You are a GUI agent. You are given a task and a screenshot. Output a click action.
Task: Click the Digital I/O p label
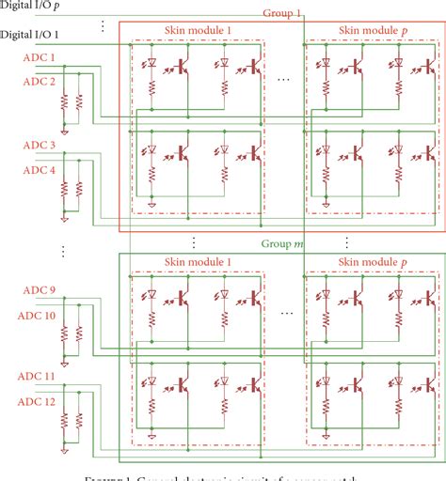[x=31, y=6]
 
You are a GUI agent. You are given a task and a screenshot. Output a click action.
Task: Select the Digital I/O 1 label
[x=30, y=35]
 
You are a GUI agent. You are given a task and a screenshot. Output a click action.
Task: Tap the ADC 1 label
[x=39, y=58]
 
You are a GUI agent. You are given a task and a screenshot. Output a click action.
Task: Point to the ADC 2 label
[x=39, y=82]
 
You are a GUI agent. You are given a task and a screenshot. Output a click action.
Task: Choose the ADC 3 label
[x=39, y=145]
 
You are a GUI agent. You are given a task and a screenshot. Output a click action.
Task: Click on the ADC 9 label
[x=39, y=289]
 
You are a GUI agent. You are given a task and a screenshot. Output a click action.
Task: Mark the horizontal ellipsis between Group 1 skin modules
[x=285, y=80]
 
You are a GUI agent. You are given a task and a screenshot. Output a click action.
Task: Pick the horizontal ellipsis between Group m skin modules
[x=285, y=311]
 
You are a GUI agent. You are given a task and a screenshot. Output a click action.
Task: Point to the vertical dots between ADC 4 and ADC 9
[x=62, y=252]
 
